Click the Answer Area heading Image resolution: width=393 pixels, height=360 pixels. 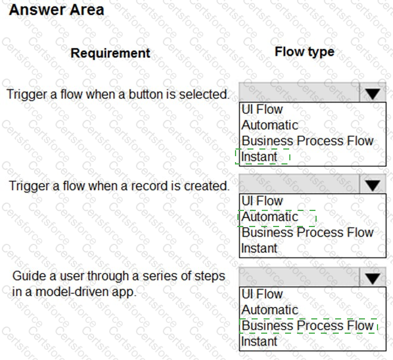57,10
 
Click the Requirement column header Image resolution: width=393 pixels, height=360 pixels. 110,53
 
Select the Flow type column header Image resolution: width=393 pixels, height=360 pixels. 304,52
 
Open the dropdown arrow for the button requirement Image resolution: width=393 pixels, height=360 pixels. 373,94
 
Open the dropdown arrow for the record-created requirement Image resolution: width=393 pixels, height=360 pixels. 373,185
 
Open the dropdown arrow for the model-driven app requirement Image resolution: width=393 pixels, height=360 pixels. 373,278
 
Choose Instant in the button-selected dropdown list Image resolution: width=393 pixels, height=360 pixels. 259,157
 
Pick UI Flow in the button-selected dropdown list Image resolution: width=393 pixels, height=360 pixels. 262,109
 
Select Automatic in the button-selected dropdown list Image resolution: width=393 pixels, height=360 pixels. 270,125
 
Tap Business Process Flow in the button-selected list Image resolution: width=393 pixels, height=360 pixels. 307,141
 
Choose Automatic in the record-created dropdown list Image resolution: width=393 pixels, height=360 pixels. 270,217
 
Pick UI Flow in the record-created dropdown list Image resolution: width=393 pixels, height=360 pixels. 262,201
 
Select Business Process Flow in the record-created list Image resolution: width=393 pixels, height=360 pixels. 307,233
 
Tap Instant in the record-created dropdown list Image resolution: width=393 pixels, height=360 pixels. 259,249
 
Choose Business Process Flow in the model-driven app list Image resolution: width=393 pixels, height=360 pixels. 307,326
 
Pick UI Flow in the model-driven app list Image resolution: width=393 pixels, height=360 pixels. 262,294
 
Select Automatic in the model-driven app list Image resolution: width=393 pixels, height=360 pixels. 270,310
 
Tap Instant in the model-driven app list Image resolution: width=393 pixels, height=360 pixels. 259,342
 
